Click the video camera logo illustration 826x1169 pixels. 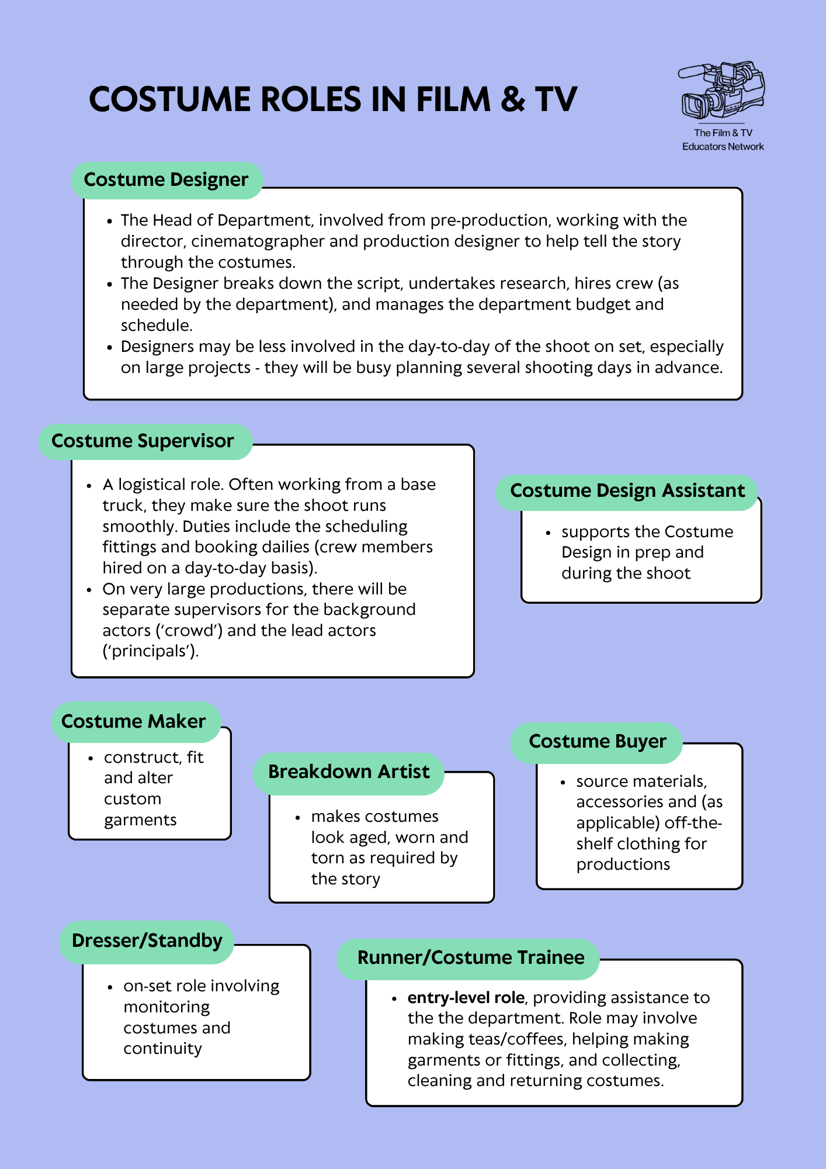[x=722, y=91]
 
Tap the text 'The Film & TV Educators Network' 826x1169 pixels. [x=723, y=140]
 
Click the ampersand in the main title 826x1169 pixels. [x=513, y=99]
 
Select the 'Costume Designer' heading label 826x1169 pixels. [x=166, y=180]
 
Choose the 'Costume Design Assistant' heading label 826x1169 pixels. [x=627, y=492]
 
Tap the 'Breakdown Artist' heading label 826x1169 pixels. [x=349, y=773]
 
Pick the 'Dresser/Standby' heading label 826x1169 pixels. [x=147, y=942]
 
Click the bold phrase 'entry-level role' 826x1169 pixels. [x=466, y=998]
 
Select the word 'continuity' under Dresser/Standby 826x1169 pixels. [x=162, y=1049]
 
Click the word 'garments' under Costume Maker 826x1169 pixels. [x=140, y=821]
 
